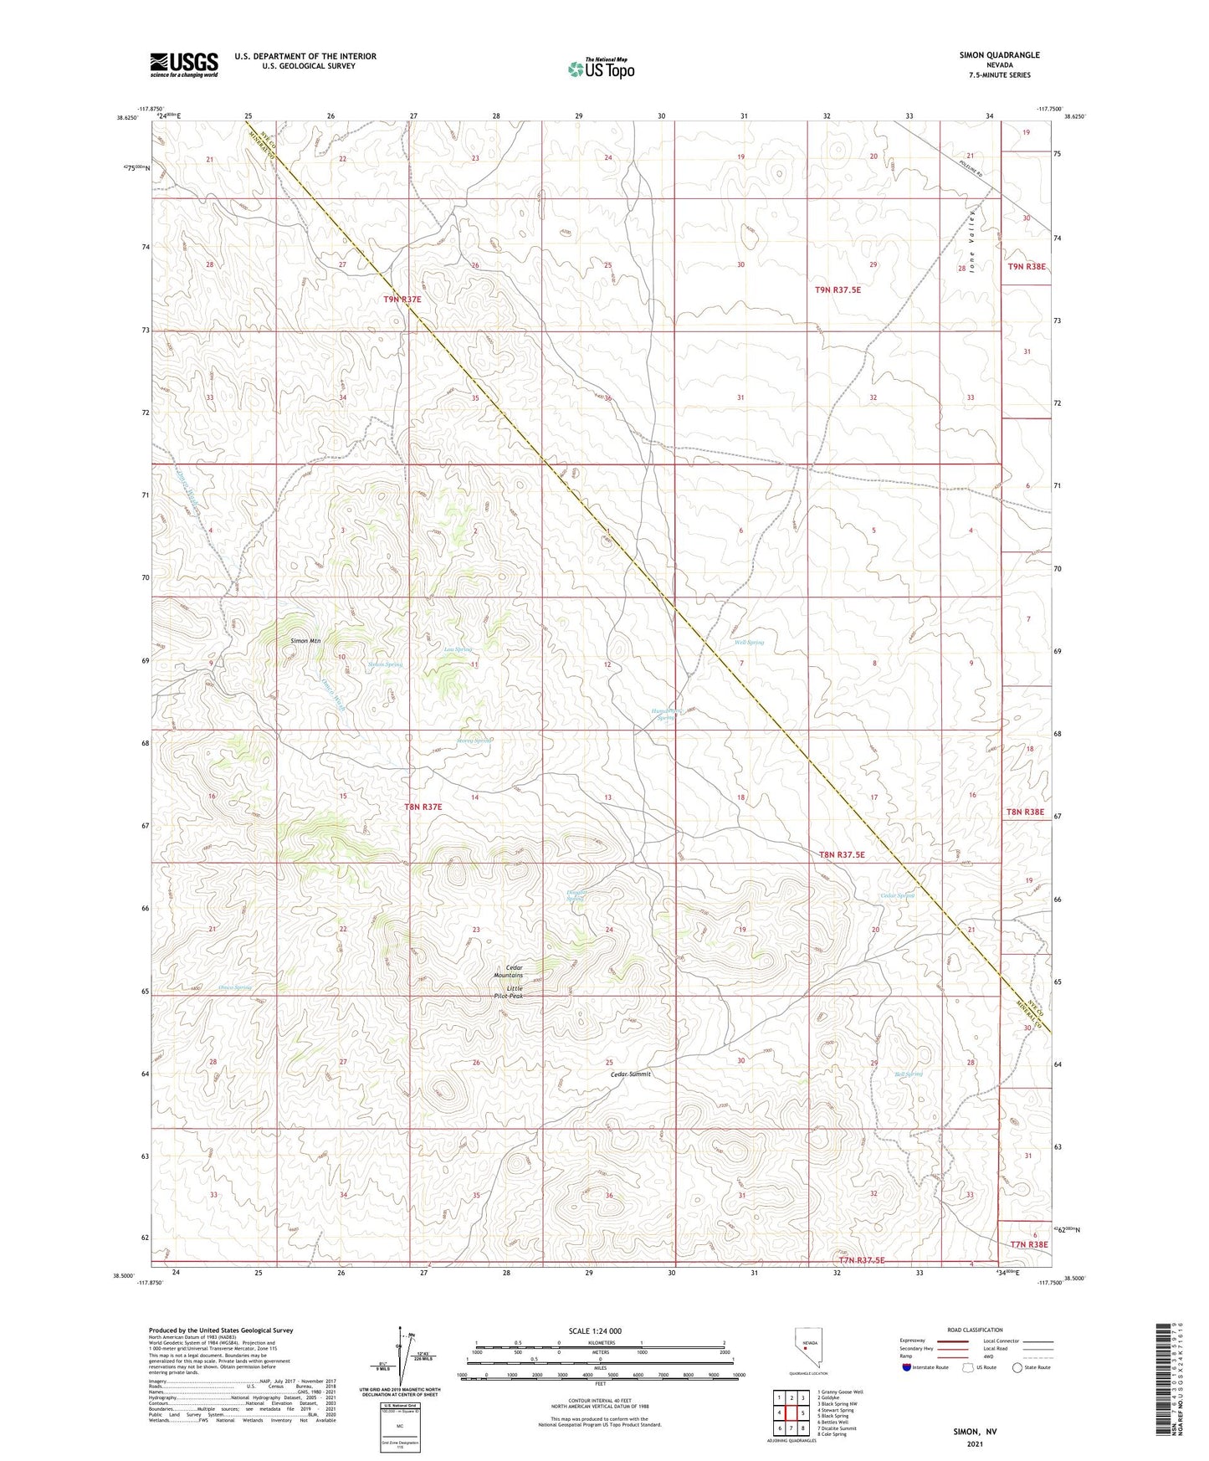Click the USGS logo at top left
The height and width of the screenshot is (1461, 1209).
(184, 64)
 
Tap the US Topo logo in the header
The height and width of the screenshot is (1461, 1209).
(600, 69)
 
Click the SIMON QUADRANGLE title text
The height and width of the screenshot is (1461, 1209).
(999, 55)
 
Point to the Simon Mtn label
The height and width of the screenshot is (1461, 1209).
(305, 641)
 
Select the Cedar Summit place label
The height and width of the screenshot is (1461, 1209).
(630, 1074)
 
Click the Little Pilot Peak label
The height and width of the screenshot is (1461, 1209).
(508, 992)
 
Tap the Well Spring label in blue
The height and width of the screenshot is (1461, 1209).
(749, 643)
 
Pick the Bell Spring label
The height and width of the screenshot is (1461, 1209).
(908, 1074)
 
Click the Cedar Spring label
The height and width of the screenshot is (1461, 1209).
(897, 895)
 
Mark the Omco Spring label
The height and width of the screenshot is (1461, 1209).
(235, 988)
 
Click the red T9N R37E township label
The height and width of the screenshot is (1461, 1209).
(402, 299)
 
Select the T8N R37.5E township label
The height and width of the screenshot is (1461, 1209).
(841, 855)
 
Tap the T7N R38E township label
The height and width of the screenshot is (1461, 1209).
(1028, 1244)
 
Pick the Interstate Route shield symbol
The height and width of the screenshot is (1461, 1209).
(907, 1367)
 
